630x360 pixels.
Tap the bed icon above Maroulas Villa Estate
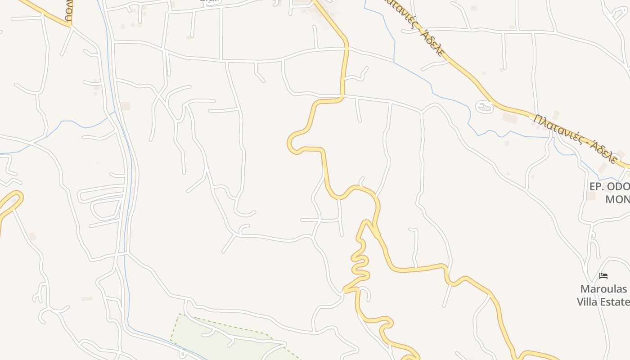point(603,275)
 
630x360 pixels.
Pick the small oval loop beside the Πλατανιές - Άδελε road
point(485,107)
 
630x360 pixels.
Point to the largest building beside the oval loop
point(509,118)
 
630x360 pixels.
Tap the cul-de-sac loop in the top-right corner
point(619,13)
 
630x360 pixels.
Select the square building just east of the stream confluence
point(126,106)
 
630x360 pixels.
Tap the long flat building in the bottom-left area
point(86,299)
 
